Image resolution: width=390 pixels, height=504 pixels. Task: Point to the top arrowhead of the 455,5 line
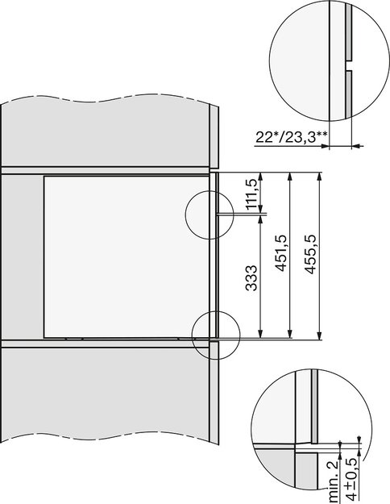[320, 175]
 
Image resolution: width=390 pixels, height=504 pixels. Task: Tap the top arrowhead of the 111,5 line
[260, 175]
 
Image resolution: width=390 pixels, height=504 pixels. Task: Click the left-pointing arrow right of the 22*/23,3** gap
[359, 145]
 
